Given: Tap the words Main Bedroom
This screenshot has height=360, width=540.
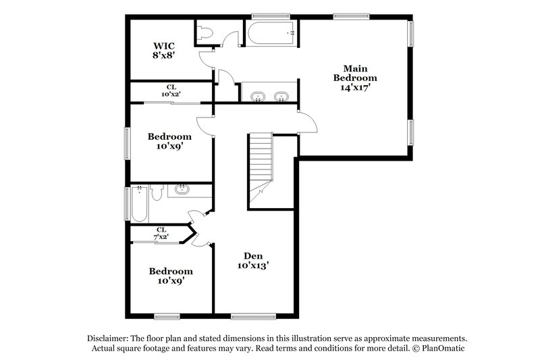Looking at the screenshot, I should pos(355,73).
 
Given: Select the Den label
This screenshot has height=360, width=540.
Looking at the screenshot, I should pos(253,256).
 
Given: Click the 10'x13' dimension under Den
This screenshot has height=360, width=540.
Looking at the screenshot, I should pos(253,266).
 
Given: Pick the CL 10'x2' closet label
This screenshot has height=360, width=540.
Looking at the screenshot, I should pos(171,91).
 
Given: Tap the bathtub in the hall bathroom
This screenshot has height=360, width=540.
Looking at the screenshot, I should pos(138,203).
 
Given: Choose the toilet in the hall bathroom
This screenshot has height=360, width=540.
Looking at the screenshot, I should pos(157,194).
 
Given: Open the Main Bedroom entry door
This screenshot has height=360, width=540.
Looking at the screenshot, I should pos(307,122).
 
